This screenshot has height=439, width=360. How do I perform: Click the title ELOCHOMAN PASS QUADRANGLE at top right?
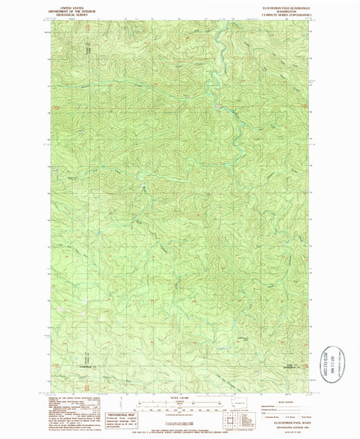click(282, 5)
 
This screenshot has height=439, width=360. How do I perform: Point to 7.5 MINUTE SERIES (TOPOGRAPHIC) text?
click(282, 14)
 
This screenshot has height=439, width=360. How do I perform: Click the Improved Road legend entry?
click(270, 405)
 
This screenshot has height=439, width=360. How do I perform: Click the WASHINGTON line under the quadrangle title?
click(282, 9)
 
